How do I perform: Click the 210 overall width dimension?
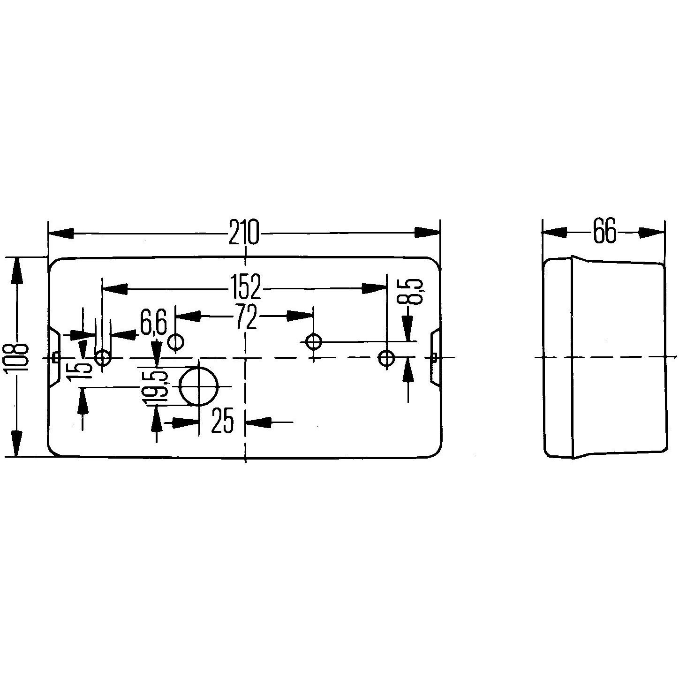244,232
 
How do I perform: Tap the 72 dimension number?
247,318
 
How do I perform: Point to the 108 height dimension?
17,356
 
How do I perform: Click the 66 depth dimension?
604,231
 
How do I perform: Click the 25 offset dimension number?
222,421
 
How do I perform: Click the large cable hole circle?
199,386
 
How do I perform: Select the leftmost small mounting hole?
102,358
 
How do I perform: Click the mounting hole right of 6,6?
176,341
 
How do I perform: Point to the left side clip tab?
54,358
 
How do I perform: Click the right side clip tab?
434,358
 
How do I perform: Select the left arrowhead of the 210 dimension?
61,233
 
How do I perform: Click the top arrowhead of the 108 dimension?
17,269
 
